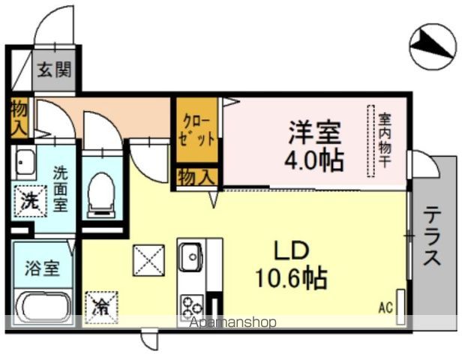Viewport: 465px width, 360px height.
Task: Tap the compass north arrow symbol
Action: point(434,46)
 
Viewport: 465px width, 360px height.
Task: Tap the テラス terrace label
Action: point(433,237)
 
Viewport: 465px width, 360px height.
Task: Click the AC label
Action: point(385,307)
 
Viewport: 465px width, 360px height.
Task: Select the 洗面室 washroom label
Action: point(60,187)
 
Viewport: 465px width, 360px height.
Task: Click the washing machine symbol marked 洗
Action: point(28,200)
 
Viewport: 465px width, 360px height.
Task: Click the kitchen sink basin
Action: point(190,256)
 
